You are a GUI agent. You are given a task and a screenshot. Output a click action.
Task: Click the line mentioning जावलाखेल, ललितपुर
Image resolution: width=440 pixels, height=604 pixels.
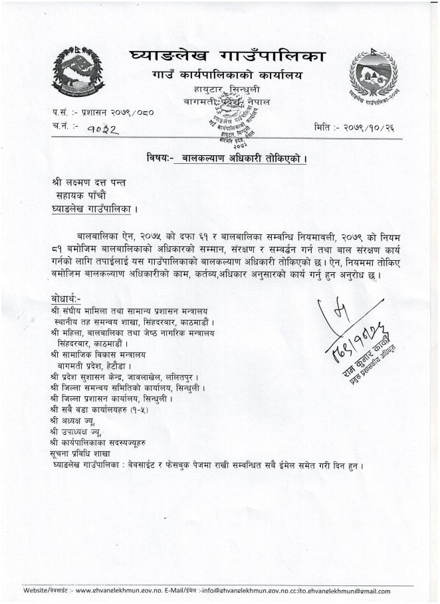coord(130,376)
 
